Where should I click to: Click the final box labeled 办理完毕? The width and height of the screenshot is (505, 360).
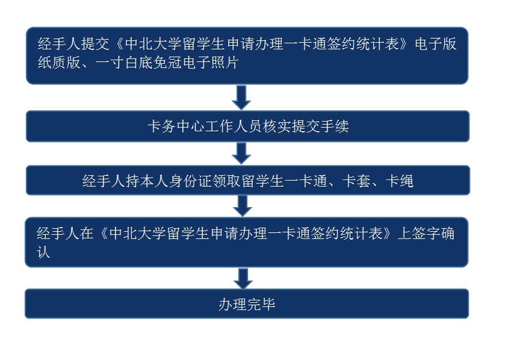pos(247,303)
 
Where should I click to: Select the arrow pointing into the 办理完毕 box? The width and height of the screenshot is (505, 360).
pos(243,279)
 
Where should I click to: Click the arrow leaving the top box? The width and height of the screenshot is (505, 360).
pos(241,98)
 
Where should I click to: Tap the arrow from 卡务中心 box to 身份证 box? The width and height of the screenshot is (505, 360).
pos(241,154)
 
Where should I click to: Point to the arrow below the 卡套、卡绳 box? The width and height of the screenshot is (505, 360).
pos(243,206)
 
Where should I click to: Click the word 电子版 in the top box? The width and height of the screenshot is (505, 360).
pos(435,44)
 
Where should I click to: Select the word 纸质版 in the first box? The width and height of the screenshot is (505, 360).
pos(59,62)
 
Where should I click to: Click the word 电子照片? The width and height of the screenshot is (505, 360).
pos(211,62)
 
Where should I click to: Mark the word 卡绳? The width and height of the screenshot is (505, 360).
pos(400,181)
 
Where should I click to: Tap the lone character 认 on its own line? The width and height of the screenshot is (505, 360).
pos(43,252)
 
